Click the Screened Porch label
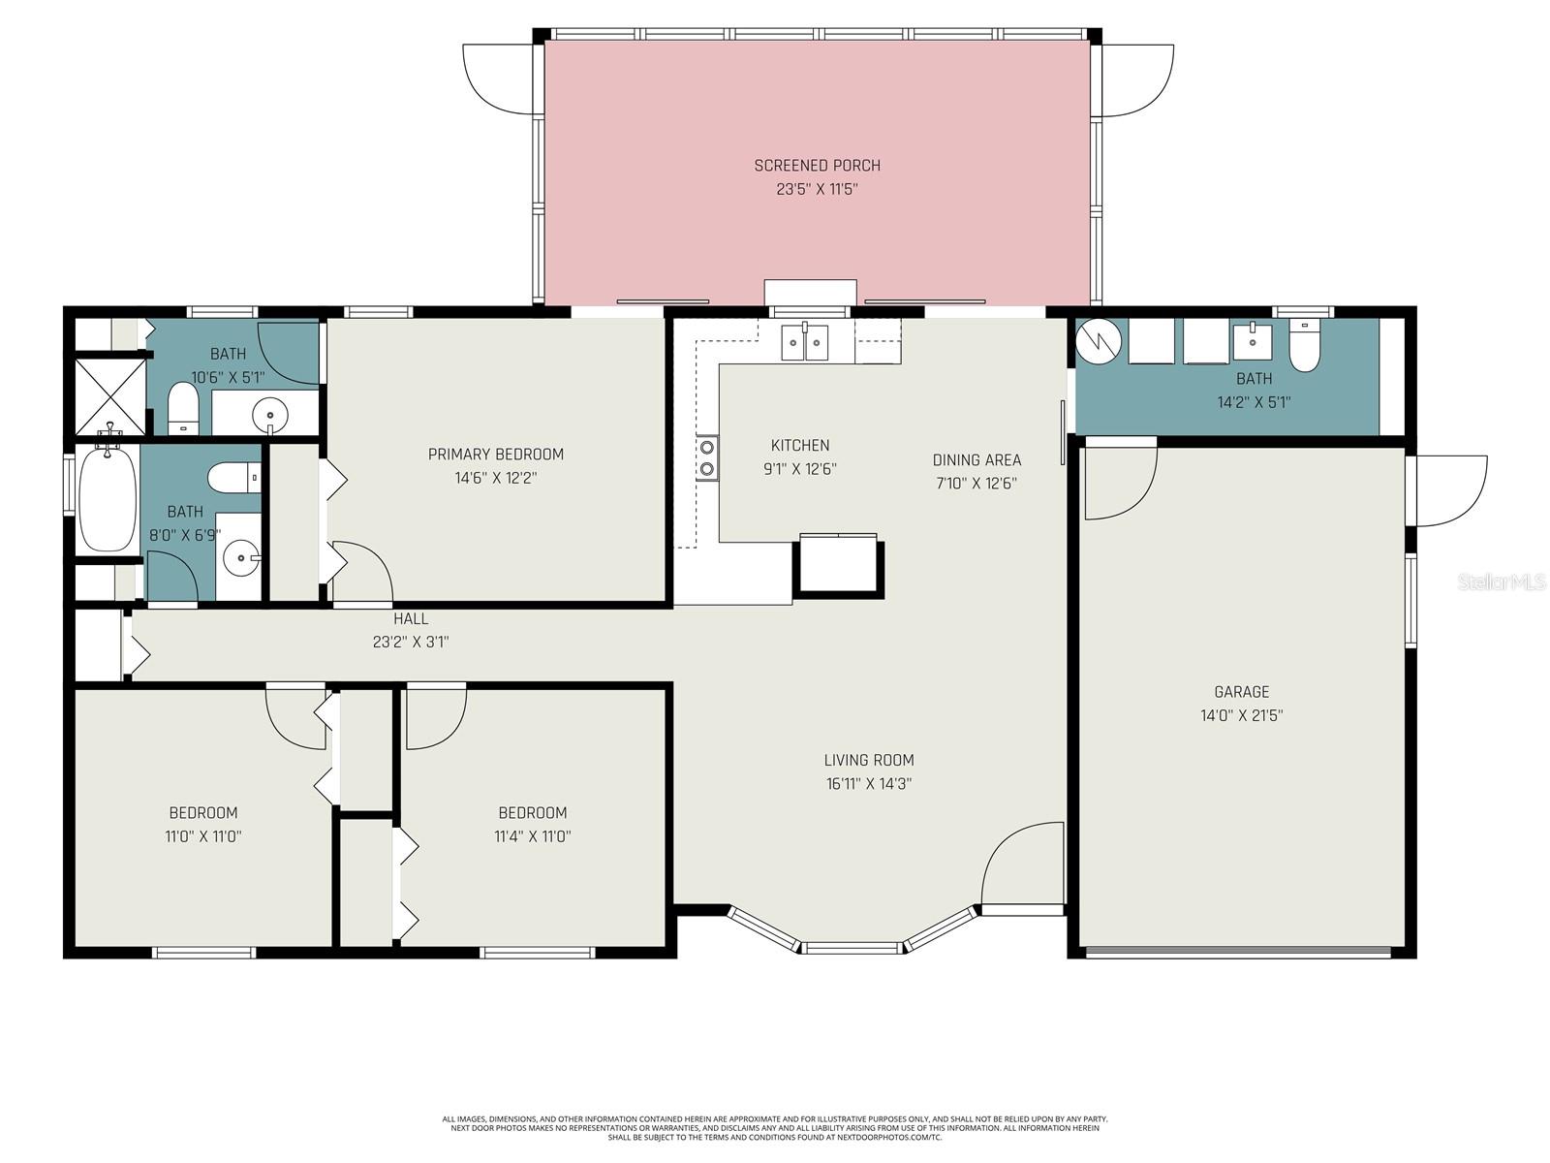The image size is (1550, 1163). pos(817,166)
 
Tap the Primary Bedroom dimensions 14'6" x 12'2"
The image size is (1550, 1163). pos(495,478)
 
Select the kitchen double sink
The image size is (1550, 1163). pos(805,342)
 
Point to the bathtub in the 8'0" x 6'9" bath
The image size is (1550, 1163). pos(108,500)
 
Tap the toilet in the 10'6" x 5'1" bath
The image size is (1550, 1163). pos(182,409)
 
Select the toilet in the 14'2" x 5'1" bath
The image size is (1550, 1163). pos(1305,347)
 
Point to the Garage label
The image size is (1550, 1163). pos(1241,692)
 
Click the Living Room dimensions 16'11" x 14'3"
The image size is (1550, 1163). pos(869,784)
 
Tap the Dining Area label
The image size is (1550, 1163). pos(976,460)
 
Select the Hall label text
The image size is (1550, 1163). pos(411,619)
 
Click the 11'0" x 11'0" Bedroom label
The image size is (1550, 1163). pos(203,813)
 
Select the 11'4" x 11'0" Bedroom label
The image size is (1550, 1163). pos(532,813)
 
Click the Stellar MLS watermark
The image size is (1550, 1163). pos(1503,581)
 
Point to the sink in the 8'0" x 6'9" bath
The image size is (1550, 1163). pos(239,558)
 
